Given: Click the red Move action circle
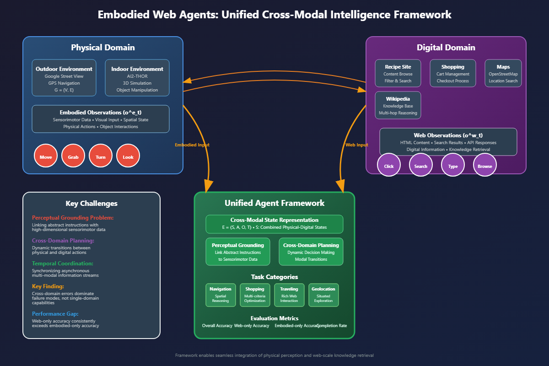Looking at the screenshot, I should point(46,156).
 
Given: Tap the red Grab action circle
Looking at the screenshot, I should point(73,156).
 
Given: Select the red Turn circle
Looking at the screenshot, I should point(101,156).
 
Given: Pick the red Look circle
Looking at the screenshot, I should point(128,156).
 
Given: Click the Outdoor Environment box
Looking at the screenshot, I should point(64,78).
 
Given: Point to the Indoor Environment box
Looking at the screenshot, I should point(137,78).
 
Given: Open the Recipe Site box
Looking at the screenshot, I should point(398,73).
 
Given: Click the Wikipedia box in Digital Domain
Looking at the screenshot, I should point(398,105).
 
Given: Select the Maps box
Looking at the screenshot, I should point(503,73).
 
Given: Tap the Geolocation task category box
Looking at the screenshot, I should point(323,295).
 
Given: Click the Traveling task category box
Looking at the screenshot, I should point(289,295).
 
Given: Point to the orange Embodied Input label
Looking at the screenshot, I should point(192,145).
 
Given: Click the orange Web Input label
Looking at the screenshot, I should point(356,145).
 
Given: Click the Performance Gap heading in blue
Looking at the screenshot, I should point(55,314).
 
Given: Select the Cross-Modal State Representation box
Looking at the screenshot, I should point(274,224).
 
